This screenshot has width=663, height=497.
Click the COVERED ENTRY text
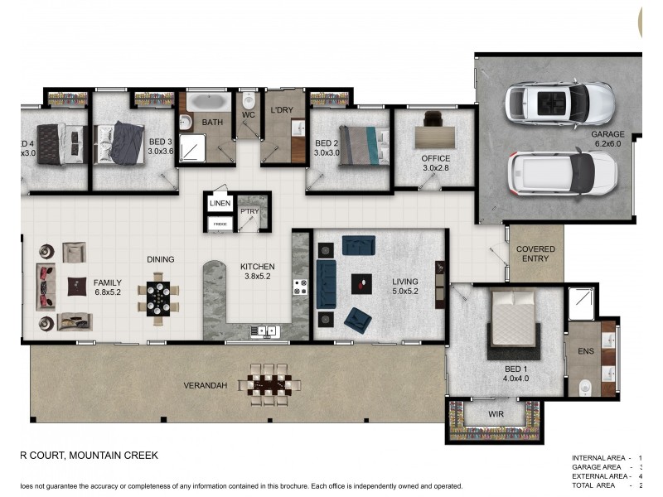535,253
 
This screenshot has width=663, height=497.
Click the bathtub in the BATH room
208,103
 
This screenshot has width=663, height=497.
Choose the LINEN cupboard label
220,203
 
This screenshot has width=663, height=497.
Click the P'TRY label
249,211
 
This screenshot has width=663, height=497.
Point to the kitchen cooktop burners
300,287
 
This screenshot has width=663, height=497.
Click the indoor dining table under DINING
158,297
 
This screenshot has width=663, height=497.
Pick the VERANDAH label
205,385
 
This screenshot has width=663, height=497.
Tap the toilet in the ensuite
585,383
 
